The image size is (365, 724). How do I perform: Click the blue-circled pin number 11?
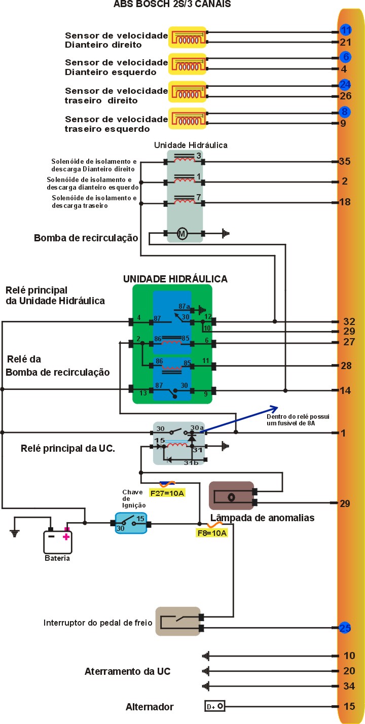[x=346, y=29]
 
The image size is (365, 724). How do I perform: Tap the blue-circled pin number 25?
[x=345, y=628]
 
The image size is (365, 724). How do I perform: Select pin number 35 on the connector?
[x=345, y=162]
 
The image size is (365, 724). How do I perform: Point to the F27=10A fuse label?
[x=167, y=492]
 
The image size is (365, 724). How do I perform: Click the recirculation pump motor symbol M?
[x=182, y=234]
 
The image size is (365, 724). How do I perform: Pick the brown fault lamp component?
[x=231, y=496]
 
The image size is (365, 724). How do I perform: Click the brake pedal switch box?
[x=177, y=622]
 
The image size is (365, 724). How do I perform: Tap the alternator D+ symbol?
[x=214, y=706]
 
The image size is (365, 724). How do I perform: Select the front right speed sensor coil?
[x=187, y=38]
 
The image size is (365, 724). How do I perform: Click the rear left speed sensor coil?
[x=187, y=119]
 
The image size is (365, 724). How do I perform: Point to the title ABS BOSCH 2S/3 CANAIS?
[x=172, y=5]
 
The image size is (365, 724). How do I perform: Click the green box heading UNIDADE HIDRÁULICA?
[x=175, y=279]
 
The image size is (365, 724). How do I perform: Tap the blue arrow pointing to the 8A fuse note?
[x=238, y=419]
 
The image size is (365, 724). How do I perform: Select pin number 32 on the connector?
[x=349, y=321]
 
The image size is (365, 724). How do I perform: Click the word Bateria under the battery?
[x=57, y=558]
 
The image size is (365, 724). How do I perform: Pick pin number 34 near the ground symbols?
[x=349, y=686]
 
